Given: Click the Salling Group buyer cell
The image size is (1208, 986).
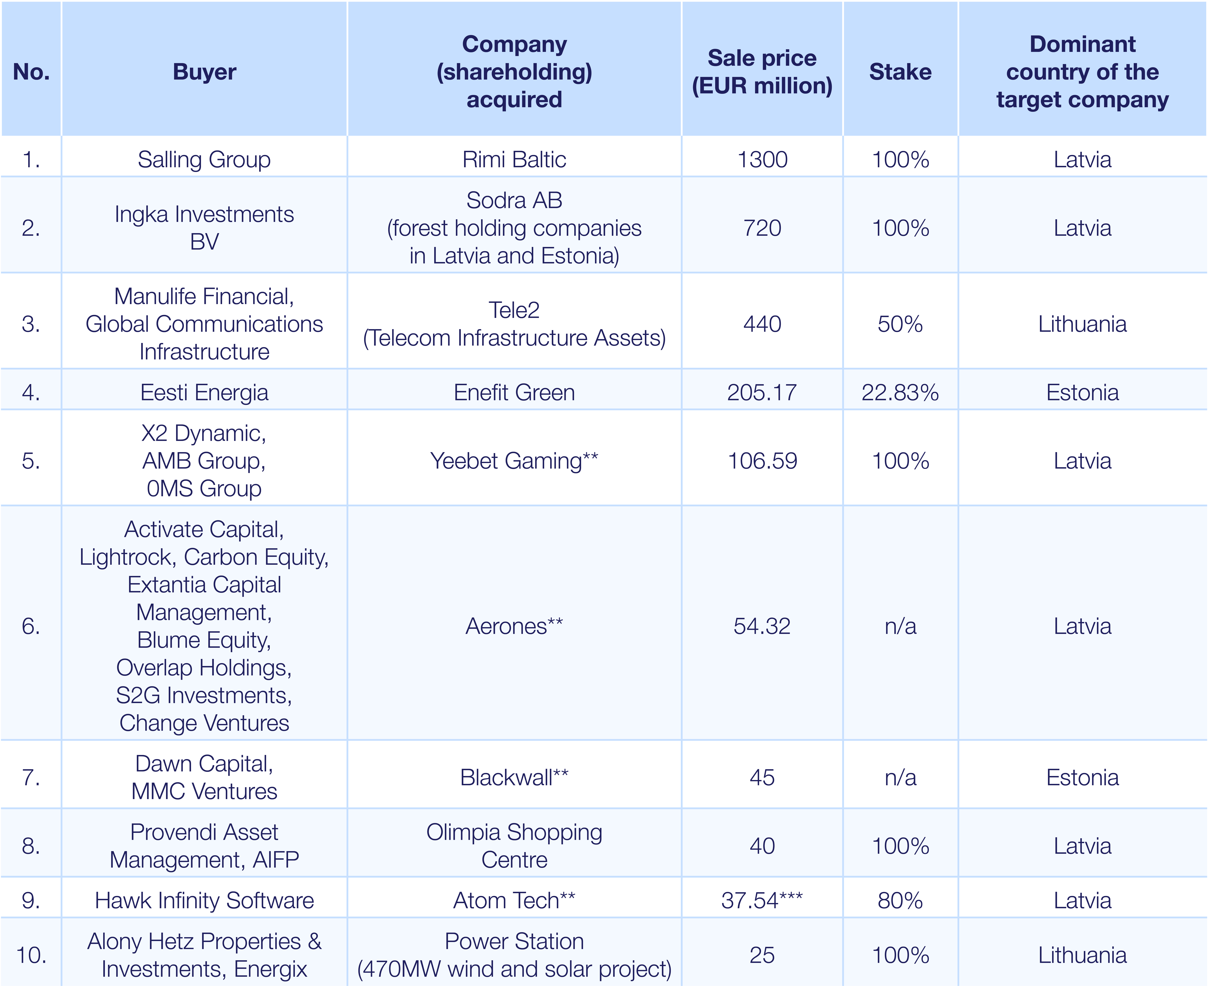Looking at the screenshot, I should [x=204, y=160].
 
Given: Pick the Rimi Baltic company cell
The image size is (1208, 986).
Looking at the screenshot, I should [x=514, y=160].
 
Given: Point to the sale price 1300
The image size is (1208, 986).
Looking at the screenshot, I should [x=762, y=160].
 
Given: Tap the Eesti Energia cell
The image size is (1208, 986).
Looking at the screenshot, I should [x=204, y=392].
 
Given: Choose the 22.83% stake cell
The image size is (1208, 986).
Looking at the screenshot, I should [x=900, y=392].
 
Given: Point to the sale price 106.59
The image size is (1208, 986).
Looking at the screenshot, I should [x=762, y=461].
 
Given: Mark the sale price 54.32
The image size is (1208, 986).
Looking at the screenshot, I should [x=762, y=626].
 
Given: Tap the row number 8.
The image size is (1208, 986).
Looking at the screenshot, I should [x=31, y=846].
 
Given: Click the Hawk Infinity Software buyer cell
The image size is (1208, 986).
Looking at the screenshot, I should [x=204, y=900].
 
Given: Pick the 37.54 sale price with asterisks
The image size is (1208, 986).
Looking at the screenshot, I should [x=762, y=900].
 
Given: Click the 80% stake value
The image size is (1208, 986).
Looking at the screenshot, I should [x=900, y=900].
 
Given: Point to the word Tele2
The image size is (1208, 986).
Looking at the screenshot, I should [x=514, y=310].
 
